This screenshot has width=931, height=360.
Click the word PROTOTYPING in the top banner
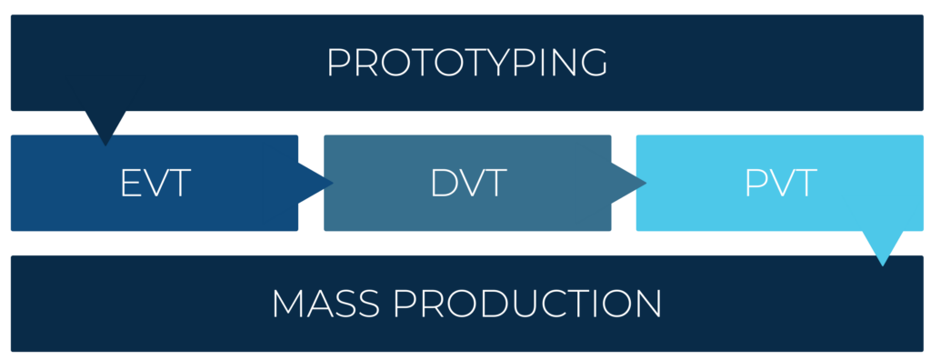[x=466, y=64]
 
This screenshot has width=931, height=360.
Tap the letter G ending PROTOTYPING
[x=591, y=64]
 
